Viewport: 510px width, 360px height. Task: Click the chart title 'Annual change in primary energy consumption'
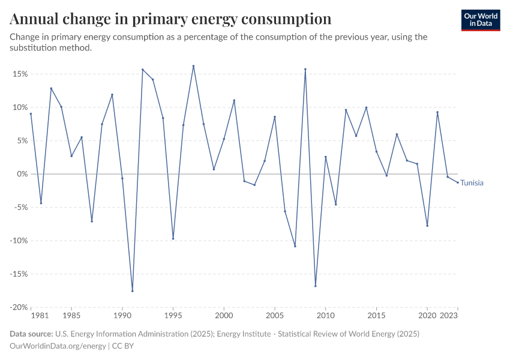click(171, 19)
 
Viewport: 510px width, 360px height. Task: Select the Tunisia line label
click(472, 183)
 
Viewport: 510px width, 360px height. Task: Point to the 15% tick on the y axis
click(19, 74)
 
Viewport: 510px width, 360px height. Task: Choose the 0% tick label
click(22, 174)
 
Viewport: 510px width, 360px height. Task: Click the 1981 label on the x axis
click(40, 315)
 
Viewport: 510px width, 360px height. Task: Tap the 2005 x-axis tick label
click(275, 315)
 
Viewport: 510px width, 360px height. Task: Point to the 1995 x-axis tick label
click(173, 315)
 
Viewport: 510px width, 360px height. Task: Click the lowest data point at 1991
click(133, 291)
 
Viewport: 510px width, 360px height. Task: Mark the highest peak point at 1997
click(193, 66)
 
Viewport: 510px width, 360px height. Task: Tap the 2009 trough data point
click(316, 286)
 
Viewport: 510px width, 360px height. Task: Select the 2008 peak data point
click(305, 69)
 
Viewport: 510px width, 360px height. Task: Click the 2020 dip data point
click(427, 226)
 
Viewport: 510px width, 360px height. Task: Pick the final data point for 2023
click(458, 182)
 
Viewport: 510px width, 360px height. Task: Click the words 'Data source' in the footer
click(31, 334)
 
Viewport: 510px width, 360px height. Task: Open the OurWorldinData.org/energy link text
click(58, 346)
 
